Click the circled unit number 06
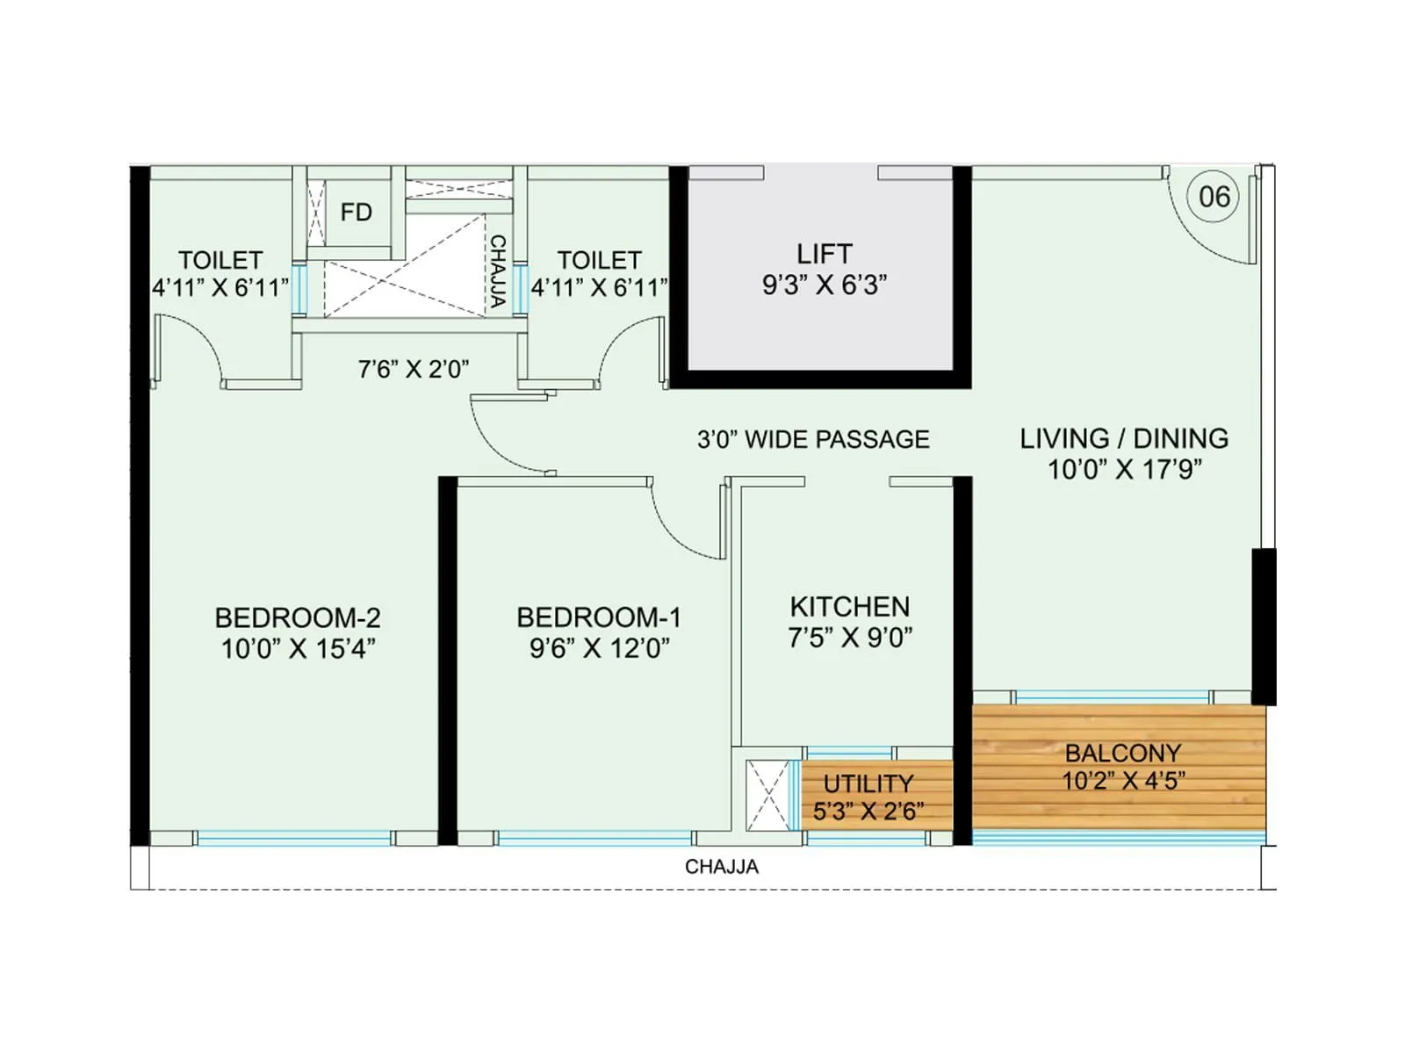tap(1214, 197)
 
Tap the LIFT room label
tap(824, 254)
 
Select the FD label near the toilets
tap(356, 213)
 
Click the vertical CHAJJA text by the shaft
tap(497, 271)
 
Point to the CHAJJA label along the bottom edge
tap(722, 867)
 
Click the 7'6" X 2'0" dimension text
tap(413, 369)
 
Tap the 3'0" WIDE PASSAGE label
tap(813, 439)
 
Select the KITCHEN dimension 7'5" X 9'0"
tap(849, 638)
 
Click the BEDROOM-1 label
tap(599, 617)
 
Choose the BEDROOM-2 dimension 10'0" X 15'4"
tap(298, 649)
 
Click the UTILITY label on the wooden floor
tap(868, 783)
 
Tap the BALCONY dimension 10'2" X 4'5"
tap(1123, 781)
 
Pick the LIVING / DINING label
tap(1124, 438)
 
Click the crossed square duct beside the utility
tap(768, 795)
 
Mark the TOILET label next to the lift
tap(599, 260)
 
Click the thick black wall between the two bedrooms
tap(448, 659)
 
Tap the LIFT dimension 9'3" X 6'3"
tap(824, 285)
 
